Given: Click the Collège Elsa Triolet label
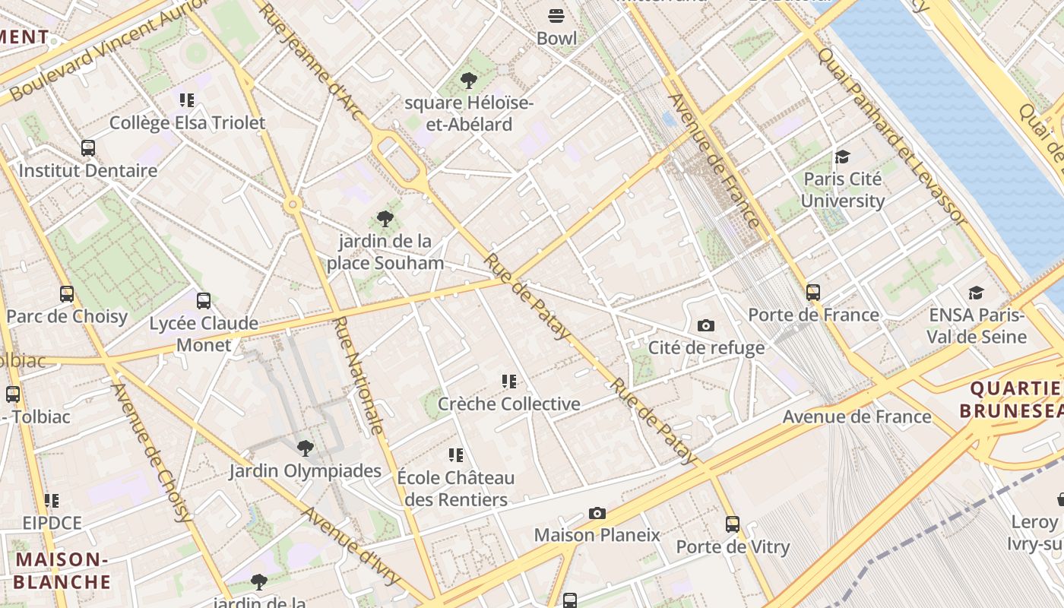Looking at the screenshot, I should (x=187, y=122).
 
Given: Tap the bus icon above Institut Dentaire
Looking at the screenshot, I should (x=88, y=147).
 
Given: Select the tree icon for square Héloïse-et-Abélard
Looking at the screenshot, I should (x=469, y=80).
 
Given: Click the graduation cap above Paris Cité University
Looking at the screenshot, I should (x=842, y=157).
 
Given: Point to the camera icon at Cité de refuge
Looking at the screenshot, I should (x=706, y=325).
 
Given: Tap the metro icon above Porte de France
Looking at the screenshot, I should (x=813, y=292).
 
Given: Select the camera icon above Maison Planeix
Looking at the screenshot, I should (x=597, y=513).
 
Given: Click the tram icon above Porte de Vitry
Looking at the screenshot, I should (x=733, y=524).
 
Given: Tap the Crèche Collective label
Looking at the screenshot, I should (x=508, y=404).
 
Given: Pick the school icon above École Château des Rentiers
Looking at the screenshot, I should (x=455, y=455).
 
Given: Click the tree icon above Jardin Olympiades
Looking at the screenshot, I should (x=305, y=448).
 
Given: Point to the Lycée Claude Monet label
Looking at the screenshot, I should (x=203, y=334).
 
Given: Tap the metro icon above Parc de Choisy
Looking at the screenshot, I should (x=67, y=293).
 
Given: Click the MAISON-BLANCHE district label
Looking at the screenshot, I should (x=62, y=571).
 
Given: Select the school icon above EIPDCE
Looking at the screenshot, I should (x=51, y=500).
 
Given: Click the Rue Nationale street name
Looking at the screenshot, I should (x=359, y=375).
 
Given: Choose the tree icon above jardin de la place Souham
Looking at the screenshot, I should (x=385, y=219).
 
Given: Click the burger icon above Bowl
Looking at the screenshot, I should (x=556, y=15).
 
